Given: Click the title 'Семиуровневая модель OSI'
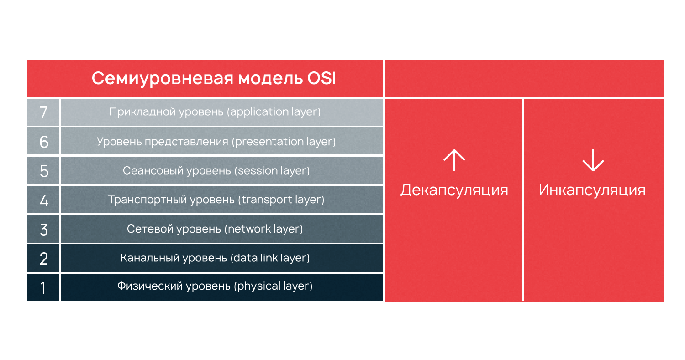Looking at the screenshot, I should pos(214,79).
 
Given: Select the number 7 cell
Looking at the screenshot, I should pos(43,112).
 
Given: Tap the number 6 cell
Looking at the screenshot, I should pos(43,142).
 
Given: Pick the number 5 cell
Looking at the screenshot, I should pos(43,171).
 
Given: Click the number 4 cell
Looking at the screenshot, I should pos(43,200).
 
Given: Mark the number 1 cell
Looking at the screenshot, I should pos(43,287).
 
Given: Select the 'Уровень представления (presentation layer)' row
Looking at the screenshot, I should pos(216,142).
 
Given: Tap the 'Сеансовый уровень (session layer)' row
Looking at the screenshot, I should pos(216,171).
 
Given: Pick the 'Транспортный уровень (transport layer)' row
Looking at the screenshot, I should pos(216,200).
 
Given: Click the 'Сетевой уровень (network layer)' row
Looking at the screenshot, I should pos(215,229).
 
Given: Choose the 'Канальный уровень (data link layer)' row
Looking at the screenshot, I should pos(215,258).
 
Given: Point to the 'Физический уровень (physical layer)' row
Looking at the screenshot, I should pos(215,286).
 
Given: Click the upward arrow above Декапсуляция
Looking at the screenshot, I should pos(454,161).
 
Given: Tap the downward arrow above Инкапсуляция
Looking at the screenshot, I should pos(593,161).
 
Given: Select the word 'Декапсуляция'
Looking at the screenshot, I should pos(454,190).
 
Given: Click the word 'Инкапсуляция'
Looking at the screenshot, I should pos(592,190).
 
